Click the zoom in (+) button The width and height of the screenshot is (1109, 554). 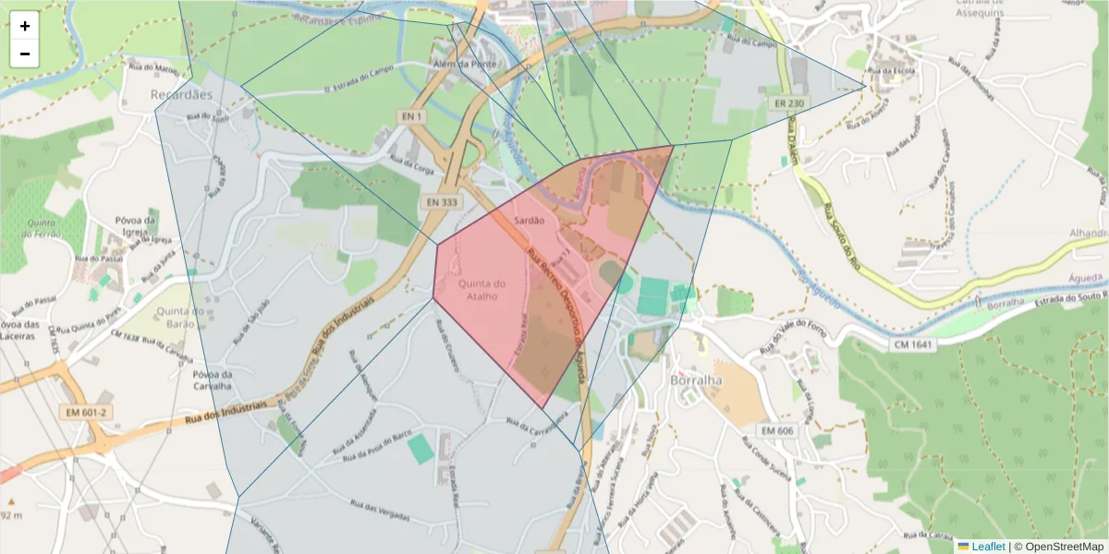[x=25, y=26]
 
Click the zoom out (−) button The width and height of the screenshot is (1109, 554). [x=25, y=54]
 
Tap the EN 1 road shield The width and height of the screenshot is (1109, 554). [x=412, y=116]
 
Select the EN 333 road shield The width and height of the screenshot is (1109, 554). [x=443, y=201]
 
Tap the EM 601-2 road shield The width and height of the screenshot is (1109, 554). [x=88, y=413]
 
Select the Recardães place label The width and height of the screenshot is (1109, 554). [x=182, y=94]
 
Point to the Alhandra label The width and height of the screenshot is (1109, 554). [x=1090, y=234]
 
